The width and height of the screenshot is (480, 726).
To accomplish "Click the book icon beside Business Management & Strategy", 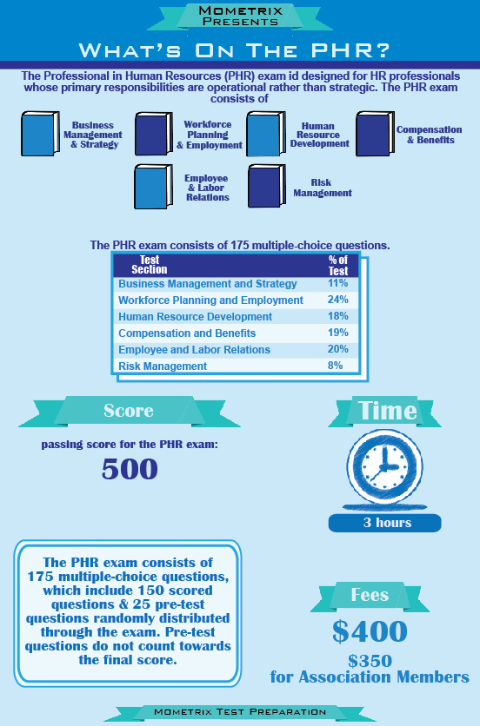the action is (x=40, y=134).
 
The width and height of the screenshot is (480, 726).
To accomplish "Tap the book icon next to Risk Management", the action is (x=267, y=186).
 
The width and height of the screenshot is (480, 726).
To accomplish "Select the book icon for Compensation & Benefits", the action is (x=375, y=134).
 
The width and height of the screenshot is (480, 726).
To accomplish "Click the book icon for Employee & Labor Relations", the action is (x=154, y=187).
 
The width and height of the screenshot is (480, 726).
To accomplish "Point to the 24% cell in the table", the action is (x=337, y=300).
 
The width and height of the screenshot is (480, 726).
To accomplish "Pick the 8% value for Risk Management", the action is (x=335, y=366).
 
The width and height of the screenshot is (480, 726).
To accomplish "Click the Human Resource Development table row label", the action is (x=196, y=317).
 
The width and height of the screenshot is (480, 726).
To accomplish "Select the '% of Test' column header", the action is (x=338, y=266).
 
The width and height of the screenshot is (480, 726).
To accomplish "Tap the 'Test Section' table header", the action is (x=150, y=264).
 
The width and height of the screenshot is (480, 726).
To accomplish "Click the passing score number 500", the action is (x=130, y=469).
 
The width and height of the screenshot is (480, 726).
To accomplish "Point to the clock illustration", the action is (x=384, y=468).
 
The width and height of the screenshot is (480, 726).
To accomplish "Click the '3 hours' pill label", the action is (x=385, y=523).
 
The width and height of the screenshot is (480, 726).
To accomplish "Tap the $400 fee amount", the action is (x=370, y=630).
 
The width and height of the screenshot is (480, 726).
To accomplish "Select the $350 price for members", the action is (x=370, y=661).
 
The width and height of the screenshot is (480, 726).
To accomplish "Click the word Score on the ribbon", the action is (x=129, y=411).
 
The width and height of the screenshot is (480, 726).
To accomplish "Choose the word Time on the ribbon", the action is (x=387, y=410).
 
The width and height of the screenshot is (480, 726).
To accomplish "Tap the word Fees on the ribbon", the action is (x=370, y=595).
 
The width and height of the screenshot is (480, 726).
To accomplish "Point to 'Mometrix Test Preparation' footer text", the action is (x=240, y=711).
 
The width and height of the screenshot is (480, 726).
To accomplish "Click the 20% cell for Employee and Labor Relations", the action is (x=337, y=349).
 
